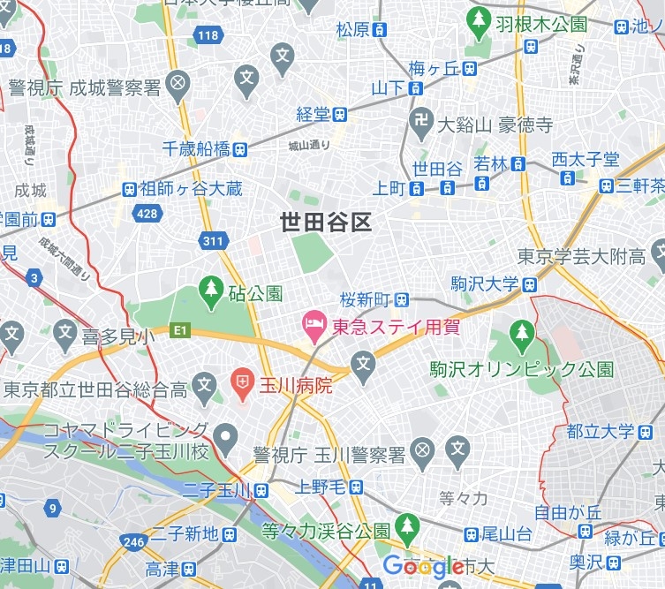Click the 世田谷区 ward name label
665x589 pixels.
point(325,222)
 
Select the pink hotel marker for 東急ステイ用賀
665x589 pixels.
point(313,326)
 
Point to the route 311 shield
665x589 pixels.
point(213,240)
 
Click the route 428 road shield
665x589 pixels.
point(147,213)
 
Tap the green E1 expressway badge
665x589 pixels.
point(180,331)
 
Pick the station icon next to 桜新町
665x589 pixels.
point(402,298)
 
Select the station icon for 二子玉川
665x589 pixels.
point(261,490)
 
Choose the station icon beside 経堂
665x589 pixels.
point(339,114)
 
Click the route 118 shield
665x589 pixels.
point(208,36)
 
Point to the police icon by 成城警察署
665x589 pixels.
point(178,86)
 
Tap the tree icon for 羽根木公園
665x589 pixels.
point(479,19)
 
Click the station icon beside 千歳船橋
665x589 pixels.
point(240,149)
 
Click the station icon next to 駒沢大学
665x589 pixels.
point(529,284)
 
